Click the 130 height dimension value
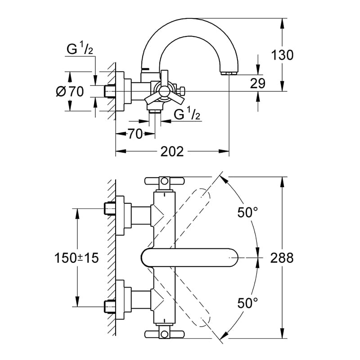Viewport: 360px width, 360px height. (282, 55)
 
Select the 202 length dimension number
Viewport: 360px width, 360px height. (172, 152)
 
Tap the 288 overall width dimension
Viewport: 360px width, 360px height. (282, 257)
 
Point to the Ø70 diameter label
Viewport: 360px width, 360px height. (70, 91)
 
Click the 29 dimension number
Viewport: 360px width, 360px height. (257, 83)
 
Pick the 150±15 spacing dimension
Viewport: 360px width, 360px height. (76, 257)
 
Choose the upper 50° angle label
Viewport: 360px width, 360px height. (248, 212)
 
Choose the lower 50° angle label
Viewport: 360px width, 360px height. (248, 303)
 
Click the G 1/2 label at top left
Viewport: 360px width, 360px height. (80, 49)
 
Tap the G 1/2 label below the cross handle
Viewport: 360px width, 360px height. (187, 114)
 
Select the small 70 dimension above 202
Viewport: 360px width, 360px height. (135, 134)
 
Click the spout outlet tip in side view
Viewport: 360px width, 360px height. (229, 73)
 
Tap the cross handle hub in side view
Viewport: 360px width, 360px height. (164, 91)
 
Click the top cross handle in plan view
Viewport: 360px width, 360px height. (164, 181)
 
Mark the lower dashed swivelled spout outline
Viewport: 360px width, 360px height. (179, 298)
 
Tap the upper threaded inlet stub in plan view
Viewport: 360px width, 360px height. (110, 208)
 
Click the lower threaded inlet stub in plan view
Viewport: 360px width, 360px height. (110, 306)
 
